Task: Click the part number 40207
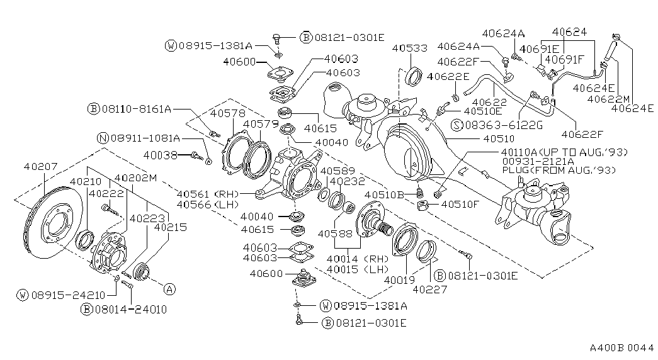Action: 40,167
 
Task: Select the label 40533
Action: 409,48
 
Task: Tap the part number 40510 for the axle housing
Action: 499,138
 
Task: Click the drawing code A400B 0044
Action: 621,348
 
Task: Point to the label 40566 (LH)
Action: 208,205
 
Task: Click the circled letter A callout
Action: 169,289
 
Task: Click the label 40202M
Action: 135,178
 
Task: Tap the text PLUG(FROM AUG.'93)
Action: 559,170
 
